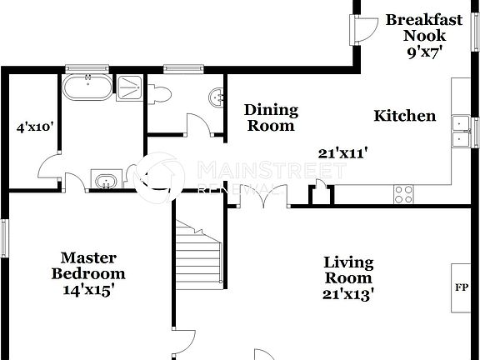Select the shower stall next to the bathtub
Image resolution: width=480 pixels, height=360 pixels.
(127, 87)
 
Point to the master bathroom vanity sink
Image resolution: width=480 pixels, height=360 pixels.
(105, 182)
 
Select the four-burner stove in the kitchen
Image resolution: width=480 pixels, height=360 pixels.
(403, 194)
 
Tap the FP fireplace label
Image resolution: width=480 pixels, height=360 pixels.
(460, 287)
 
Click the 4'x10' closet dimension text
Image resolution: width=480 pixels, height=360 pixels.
(35, 127)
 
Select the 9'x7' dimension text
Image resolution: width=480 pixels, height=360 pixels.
(423, 51)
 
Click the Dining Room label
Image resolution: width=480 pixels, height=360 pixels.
(271, 117)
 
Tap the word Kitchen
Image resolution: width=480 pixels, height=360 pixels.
(404, 116)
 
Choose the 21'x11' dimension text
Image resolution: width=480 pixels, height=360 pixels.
(343, 152)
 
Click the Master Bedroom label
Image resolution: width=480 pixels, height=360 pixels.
(88, 266)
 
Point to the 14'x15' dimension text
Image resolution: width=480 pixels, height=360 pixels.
(88, 290)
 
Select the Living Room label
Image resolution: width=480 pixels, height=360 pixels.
(348, 270)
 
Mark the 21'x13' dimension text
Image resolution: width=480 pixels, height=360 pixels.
(348, 293)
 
